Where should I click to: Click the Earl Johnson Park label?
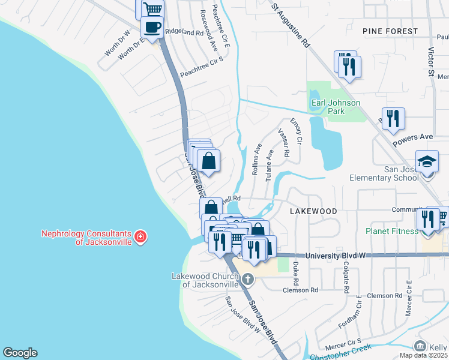[336, 107]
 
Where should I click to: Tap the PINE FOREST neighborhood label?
[390, 31]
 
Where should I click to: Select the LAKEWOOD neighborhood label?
[310, 212]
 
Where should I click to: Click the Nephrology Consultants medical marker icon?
[140, 237]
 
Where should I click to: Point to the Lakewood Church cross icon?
[247, 279]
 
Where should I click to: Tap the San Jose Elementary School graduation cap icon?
[427, 162]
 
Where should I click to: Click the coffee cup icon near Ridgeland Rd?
[152, 27]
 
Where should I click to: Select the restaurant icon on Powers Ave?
[393, 118]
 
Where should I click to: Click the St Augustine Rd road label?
[291, 25]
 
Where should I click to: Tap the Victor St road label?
[431, 63]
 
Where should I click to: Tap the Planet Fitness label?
[392, 231]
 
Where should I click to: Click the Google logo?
[20, 353]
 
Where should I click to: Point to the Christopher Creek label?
[345, 350]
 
